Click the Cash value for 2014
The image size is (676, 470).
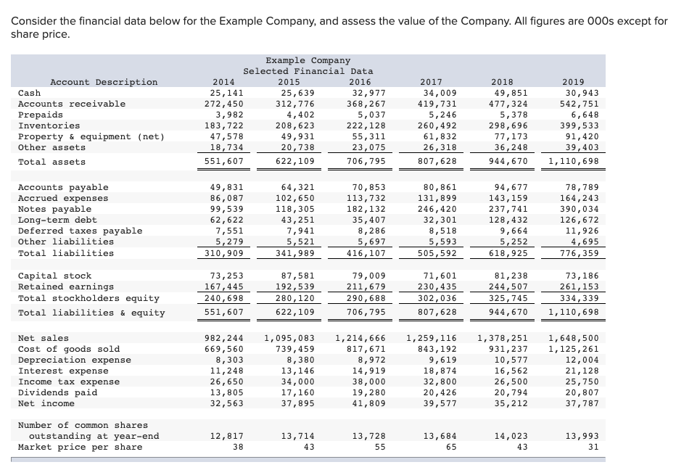tap(226, 93)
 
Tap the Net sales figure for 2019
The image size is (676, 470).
tap(574, 338)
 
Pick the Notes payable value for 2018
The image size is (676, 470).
tap(511, 209)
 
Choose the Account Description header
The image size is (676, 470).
tap(104, 82)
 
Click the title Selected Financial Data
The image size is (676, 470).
tap(308, 71)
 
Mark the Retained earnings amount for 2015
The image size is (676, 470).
tap(297, 286)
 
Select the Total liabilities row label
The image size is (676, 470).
tap(65, 253)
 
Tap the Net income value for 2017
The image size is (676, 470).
tap(440, 403)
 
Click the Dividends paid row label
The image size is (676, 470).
tap(57, 392)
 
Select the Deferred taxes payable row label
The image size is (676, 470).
tap(80, 231)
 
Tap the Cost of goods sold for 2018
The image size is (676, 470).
tap(511, 349)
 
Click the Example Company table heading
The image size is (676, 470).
tap(308, 60)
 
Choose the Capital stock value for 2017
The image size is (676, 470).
tap(440, 276)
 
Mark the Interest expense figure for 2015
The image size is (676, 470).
tap(297, 371)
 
